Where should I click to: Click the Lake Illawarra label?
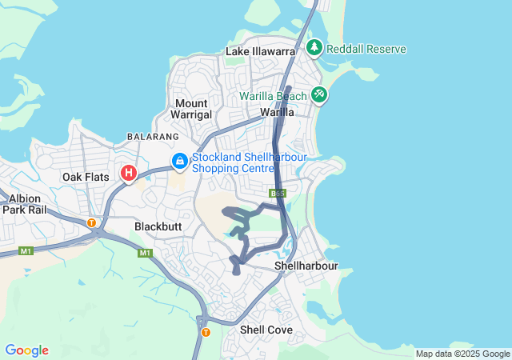(261, 51)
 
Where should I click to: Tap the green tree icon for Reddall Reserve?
(314, 48)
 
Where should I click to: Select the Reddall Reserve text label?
(366, 49)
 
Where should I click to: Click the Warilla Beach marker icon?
(319, 95)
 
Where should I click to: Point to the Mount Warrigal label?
(192, 109)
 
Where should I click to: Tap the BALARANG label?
(147, 137)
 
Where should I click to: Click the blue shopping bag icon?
(181, 162)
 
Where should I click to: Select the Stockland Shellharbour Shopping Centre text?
(249, 163)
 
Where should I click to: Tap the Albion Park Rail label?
(25, 203)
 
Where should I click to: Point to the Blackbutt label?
(158, 226)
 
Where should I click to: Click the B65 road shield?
(278, 194)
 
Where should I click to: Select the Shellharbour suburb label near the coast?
(306, 265)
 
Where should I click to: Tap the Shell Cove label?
(266, 330)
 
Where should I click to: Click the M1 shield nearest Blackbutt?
(145, 253)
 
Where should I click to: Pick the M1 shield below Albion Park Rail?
(26, 251)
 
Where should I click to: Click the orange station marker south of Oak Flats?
(92, 223)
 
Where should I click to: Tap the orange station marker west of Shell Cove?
(206, 332)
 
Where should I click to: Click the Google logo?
(26, 350)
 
